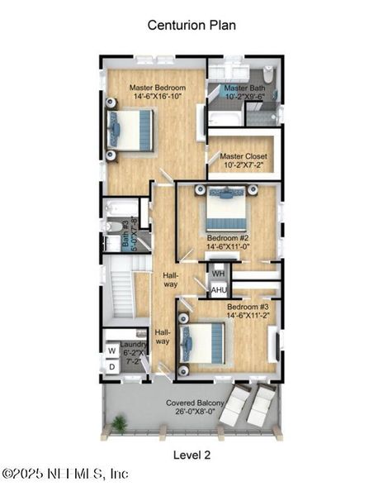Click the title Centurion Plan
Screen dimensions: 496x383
[x=191, y=25]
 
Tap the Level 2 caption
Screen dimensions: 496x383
[x=191, y=454]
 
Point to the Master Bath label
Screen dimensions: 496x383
[x=243, y=88]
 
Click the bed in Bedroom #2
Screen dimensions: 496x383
[x=227, y=211]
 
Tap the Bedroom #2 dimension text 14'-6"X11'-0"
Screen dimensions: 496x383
[x=229, y=246]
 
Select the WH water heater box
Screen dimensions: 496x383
[x=218, y=274]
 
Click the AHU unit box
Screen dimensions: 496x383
[x=219, y=290]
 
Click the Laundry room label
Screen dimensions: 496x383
[x=133, y=345]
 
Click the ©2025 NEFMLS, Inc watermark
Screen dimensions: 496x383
[x=66, y=475]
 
